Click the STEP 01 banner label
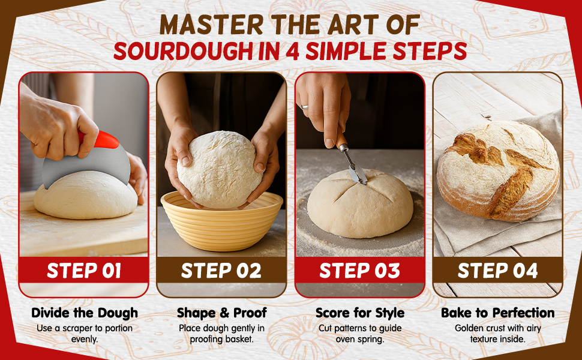84,271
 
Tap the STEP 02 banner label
221,271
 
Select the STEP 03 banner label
359,271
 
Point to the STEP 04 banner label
498,271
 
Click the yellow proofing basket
222,223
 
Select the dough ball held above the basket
220,169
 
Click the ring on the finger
304,107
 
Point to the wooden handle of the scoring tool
341,139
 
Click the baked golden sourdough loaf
498,171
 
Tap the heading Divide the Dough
85,313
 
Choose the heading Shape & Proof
221,313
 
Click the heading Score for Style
359,313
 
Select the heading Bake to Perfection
498,313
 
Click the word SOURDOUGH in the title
184,51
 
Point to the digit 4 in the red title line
292,51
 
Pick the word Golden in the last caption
468,328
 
